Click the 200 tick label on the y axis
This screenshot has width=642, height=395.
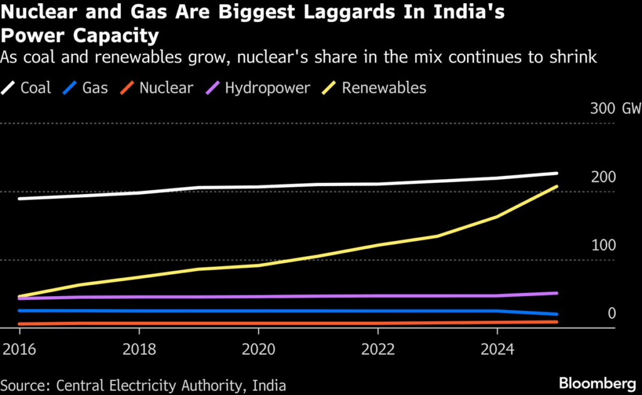point(604,177)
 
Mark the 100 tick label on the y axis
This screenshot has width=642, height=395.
point(604,245)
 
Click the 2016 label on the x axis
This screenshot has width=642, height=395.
point(19,348)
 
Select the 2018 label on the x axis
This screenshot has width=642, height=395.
point(139,348)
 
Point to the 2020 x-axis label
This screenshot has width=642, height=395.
point(258,348)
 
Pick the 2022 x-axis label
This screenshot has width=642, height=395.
point(378,348)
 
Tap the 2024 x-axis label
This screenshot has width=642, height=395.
point(498,348)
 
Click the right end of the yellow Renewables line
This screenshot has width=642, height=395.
point(557,187)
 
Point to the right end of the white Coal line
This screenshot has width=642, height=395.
point(557,173)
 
